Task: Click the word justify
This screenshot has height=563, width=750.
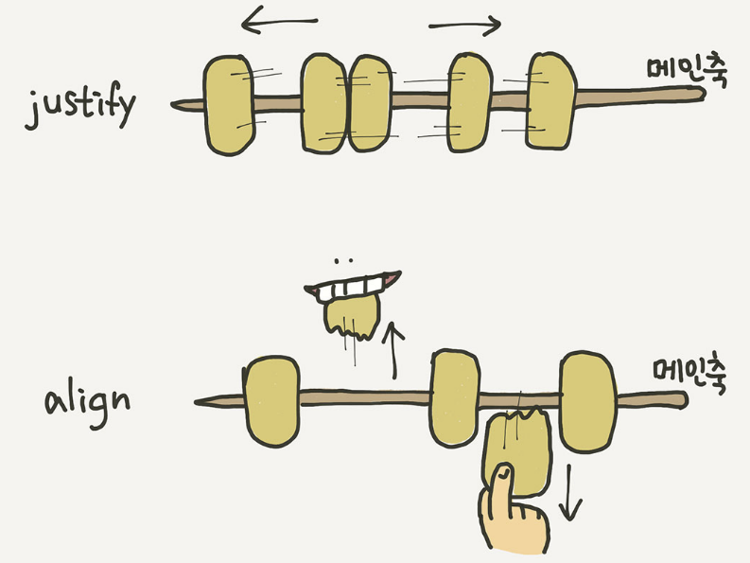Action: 81,109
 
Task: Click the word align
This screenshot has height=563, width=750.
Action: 86,402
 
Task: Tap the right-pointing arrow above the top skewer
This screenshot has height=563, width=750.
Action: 464,25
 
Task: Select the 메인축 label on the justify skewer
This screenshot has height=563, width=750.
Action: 673,72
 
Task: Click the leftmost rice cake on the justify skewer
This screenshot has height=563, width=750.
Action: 228,104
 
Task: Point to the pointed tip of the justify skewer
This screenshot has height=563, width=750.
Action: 176,103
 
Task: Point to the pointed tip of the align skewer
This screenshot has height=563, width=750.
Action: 199,401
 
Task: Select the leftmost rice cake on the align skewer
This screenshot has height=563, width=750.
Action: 272,400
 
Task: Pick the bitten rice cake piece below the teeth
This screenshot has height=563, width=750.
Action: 352,315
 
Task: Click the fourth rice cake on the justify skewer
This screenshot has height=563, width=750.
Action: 470,102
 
